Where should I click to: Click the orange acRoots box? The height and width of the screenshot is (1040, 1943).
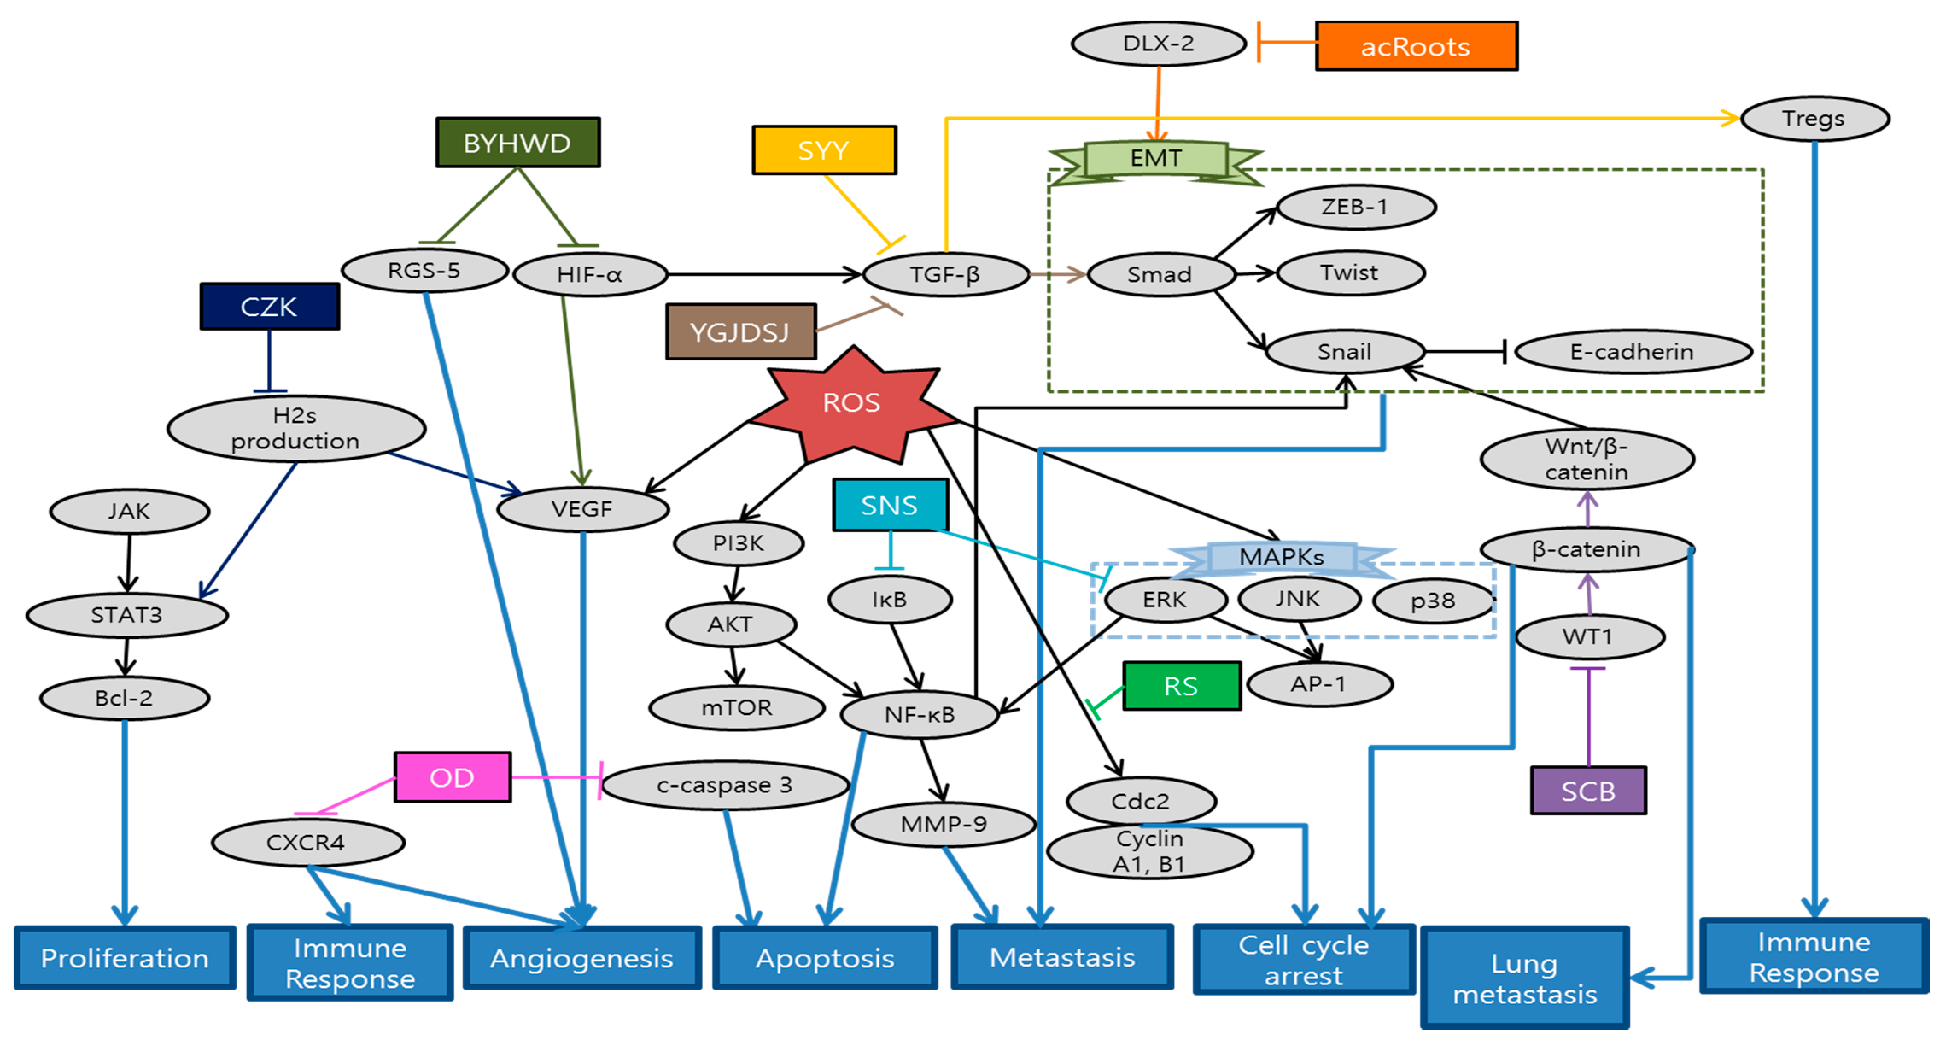coord(1416,47)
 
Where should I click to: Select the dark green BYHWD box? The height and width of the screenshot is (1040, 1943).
coord(517,143)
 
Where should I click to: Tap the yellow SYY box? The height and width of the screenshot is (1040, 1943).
coord(824,150)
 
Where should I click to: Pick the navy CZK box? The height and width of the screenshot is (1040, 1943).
coord(269,306)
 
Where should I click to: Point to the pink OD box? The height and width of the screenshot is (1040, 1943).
coord(452,777)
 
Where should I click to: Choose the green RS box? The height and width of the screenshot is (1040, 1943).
coord(1181,686)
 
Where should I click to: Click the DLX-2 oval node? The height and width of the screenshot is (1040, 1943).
coord(1158,44)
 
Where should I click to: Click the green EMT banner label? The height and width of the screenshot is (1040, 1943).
coord(1156,158)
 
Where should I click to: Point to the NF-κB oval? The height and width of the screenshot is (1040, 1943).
coord(920,714)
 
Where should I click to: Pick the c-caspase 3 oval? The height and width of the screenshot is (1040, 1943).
coord(724,785)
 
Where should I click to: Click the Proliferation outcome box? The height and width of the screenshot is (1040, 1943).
coord(125,958)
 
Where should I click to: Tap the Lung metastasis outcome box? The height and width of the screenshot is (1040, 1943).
coord(1524,978)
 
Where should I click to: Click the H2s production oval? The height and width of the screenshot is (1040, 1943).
coord(296,428)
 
